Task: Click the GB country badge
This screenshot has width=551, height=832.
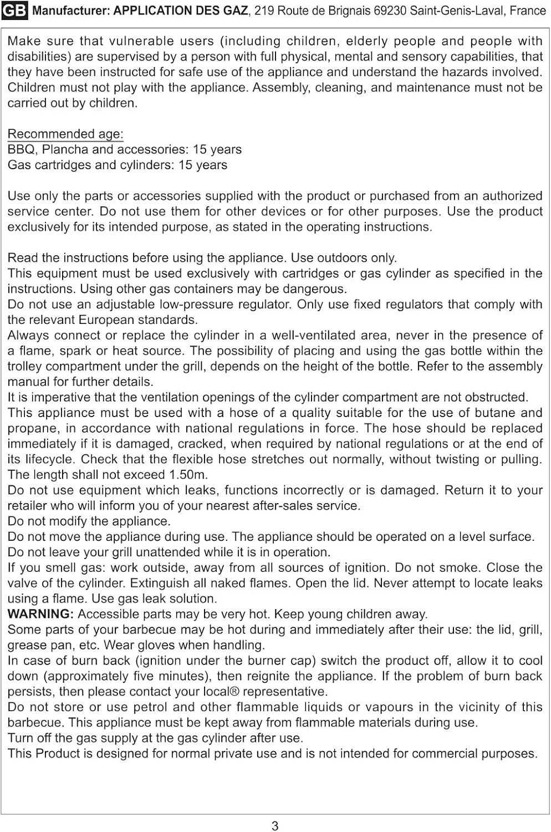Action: coord(14,11)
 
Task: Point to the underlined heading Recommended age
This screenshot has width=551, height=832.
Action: coord(65,134)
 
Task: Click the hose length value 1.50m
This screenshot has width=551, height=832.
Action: coord(188,475)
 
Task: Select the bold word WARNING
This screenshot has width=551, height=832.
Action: coord(40,614)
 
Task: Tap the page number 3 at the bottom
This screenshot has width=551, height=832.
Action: coord(275,826)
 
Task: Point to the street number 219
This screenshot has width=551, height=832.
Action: coord(264,11)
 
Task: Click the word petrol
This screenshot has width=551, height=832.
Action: coord(154,707)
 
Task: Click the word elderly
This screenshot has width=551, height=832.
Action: coord(366,41)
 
